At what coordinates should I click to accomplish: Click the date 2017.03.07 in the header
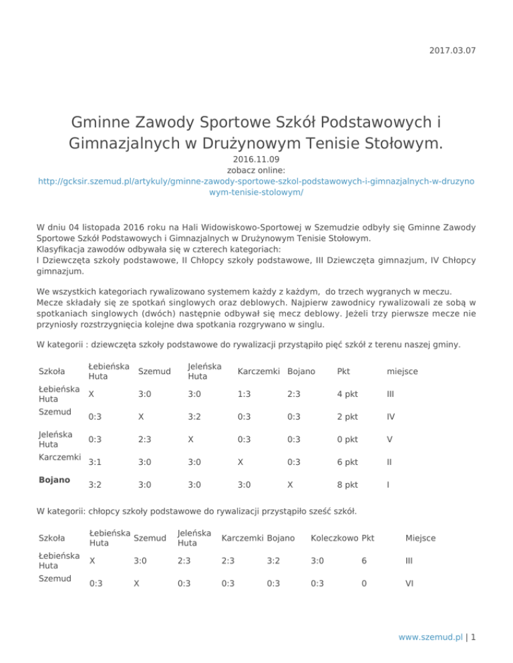(454, 51)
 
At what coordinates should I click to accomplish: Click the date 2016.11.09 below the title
(256, 159)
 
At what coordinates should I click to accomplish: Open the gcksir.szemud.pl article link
(256, 186)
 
